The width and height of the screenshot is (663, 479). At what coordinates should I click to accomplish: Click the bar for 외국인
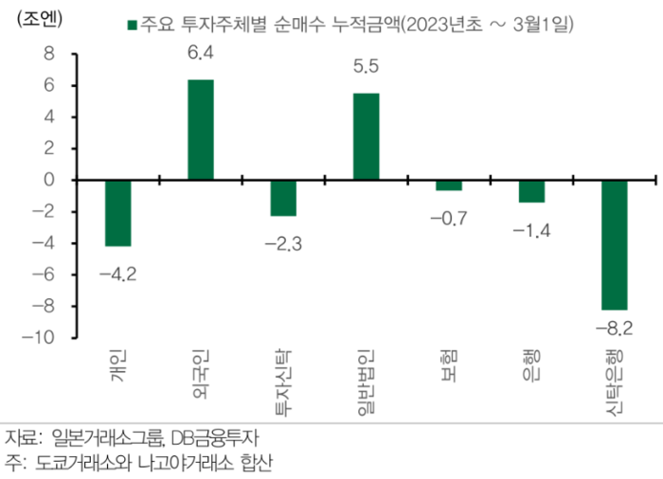click(200, 130)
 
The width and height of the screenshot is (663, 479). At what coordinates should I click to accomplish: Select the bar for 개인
click(117, 212)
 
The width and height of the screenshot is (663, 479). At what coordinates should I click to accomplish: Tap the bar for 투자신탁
click(283, 197)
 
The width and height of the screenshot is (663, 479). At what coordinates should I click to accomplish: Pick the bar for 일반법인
click(366, 136)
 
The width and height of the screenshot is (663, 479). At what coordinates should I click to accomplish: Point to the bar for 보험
click(449, 185)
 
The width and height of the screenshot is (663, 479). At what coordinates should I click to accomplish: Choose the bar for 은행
click(531, 190)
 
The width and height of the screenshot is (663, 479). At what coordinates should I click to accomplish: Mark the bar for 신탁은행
click(614, 244)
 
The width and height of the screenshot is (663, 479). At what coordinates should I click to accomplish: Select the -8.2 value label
click(614, 328)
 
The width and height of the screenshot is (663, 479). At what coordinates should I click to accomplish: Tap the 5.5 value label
click(366, 69)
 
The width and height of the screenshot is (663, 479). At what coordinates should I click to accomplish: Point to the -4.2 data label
click(117, 275)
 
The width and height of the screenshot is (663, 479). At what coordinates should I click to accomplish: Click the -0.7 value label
click(449, 220)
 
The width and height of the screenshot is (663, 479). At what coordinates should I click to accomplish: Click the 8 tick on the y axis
click(49, 54)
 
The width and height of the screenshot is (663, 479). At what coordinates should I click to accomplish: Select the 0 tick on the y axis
click(49, 180)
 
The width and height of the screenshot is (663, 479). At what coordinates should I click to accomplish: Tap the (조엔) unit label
click(34, 20)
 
